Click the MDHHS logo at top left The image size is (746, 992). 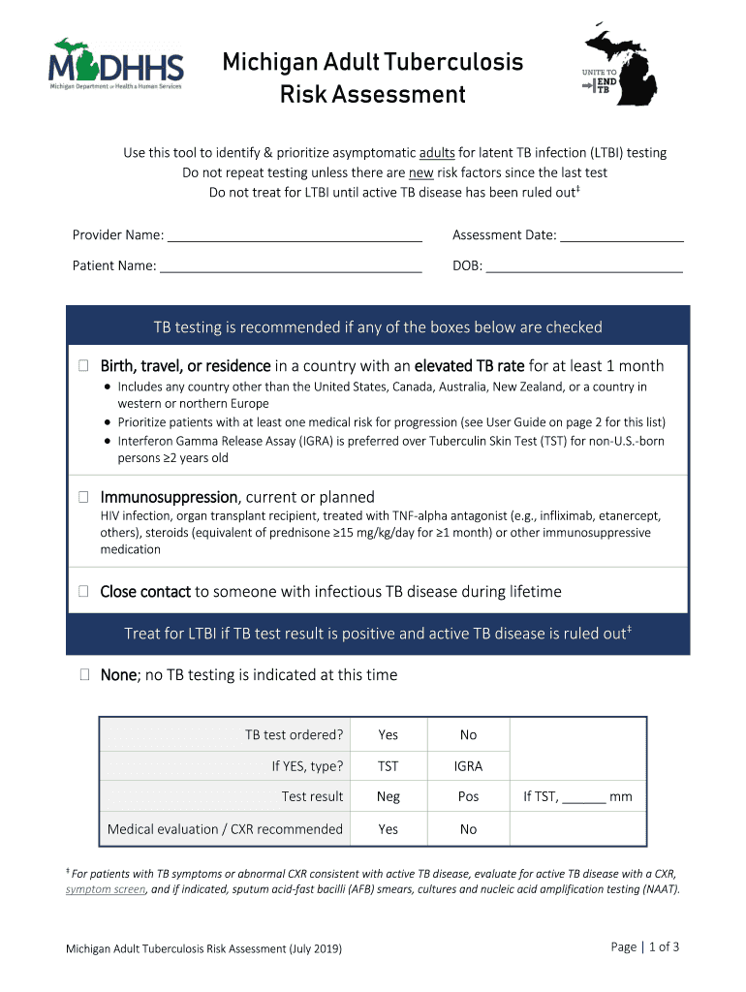pos(115,66)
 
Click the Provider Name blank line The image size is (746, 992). pos(295,235)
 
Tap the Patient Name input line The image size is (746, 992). pos(291,266)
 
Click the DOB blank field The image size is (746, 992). pos(584,266)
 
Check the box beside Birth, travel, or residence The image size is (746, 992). pos(83,366)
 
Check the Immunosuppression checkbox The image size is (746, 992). pos(83,497)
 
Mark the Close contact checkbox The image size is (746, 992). pos(83,591)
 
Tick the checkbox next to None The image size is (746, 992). pos(83,675)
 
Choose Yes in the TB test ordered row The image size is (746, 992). pos(388,735)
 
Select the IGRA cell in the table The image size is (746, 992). pos(468,766)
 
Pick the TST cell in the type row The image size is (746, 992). pos(388,766)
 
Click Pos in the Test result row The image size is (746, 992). pos(468,797)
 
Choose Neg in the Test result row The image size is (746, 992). pos(388,797)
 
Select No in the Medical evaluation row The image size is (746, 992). pos(468,829)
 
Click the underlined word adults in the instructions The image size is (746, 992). pos(437,153)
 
